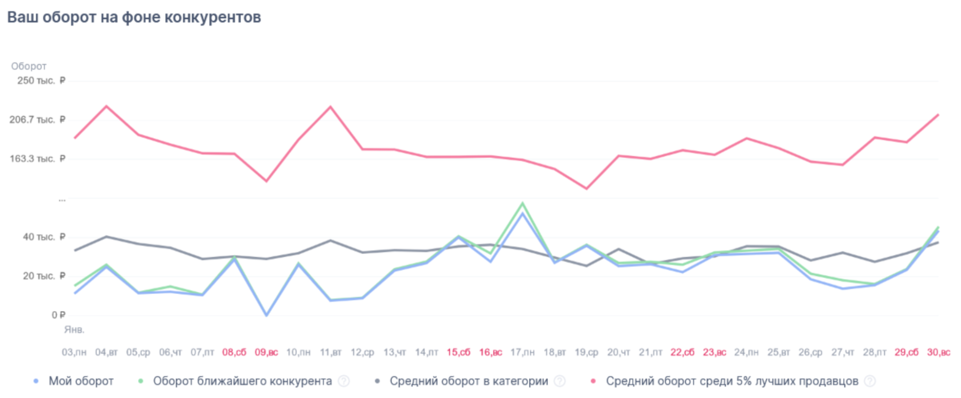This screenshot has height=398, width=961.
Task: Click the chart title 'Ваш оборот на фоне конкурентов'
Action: tap(134, 17)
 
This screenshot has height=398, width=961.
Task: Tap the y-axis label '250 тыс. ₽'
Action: tap(41, 80)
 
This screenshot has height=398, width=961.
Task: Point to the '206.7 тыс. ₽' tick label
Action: tap(37, 119)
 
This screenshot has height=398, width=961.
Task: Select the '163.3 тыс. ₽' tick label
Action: tap(37, 158)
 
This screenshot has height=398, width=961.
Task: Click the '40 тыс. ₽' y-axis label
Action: tap(44, 237)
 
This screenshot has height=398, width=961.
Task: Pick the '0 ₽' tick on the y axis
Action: tap(58, 315)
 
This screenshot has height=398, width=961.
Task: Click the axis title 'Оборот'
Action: tap(29, 66)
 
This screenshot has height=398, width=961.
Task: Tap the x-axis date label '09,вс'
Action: tap(266, 352)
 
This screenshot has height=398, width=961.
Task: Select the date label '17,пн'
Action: tap(522, 352)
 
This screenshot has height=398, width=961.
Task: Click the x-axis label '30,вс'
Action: tap(938, 352)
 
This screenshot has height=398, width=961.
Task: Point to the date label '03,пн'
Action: tap(74, 352)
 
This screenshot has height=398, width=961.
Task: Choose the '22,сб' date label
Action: tap(682, 352)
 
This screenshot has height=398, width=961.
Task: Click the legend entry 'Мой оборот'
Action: tap(81, 381)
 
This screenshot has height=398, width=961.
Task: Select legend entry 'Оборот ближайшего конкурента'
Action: tap(242, 381)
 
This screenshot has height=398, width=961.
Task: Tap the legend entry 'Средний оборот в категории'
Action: tap(468, 381)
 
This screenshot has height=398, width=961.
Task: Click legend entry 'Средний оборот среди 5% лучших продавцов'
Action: tap(732, 381)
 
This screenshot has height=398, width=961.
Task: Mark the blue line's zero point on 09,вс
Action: tap(266, 315)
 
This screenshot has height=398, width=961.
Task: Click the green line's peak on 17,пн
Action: tap(523, 203)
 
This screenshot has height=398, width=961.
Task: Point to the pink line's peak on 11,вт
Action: tap(330, 106)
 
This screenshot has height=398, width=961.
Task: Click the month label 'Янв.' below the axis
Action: tap(74, 330)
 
